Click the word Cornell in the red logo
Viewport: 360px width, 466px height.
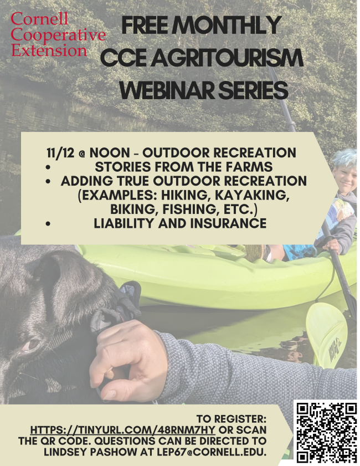click(39, 18)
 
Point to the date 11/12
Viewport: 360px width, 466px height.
click(59, 153)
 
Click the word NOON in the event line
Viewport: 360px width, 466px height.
click(110, 153)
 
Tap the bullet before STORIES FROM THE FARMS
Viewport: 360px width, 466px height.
click(48, 167)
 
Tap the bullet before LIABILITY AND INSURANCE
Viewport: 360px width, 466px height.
click(48, 224)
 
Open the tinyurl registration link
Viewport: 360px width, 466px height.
click(122, 430)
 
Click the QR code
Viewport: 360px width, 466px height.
click(327, 433)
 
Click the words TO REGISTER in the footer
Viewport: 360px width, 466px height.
click(232, 419)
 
